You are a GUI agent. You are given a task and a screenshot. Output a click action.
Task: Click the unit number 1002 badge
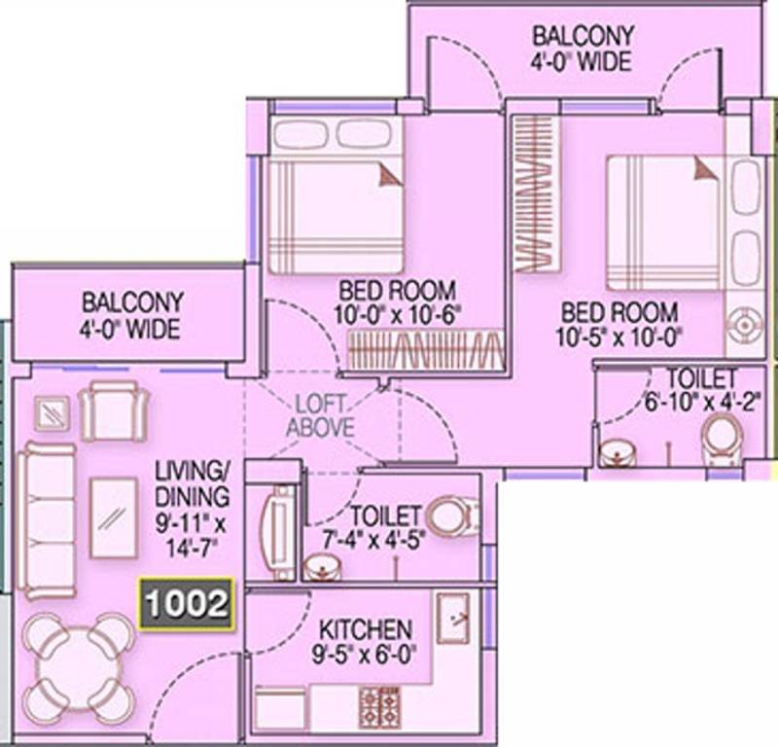(x=187, y=604)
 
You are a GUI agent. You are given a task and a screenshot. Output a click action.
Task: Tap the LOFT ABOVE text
(x=320, y=416)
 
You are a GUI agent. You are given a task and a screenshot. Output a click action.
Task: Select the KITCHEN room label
(x=366, y=629)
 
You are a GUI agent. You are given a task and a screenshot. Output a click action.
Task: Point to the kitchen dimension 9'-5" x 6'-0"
(x=364, y=655)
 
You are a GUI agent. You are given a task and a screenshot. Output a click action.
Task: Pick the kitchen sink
(x=453, y=618)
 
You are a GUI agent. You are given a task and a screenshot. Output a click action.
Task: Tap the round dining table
(x=79, y=668)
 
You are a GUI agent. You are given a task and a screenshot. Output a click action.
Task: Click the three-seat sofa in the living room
(x=47, y=520)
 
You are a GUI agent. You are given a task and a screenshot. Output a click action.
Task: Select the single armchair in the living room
(x=115, y=411)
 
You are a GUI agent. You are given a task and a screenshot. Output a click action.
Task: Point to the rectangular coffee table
(x=114, y=517)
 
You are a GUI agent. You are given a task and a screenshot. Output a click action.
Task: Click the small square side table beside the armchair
(x=53, y=413)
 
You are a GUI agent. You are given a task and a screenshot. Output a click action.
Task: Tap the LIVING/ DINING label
(x=192, y=483)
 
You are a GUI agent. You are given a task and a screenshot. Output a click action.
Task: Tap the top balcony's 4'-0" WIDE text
(x=581, y=61)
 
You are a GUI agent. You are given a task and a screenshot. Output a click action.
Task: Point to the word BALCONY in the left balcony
(x=133, y=302)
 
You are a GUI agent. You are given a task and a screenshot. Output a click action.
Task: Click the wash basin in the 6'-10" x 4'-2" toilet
(x=618, y=453)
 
